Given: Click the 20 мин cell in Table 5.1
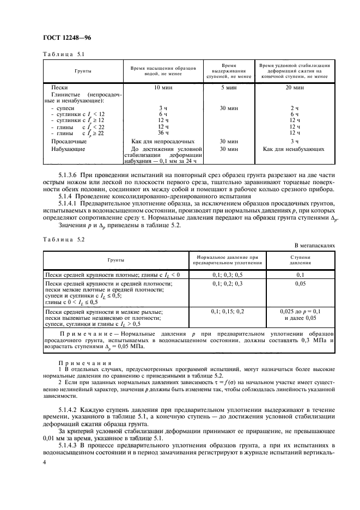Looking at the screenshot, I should click(295, 88).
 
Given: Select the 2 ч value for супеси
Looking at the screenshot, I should click(295, 108).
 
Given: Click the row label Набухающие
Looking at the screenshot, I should click(67, 148).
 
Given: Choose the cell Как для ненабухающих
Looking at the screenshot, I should click(295, 148).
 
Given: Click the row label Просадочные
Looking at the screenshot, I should click(68, 141).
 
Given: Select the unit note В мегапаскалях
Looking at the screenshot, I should click(315, 246).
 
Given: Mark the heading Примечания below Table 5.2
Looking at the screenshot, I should click(77, 362).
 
